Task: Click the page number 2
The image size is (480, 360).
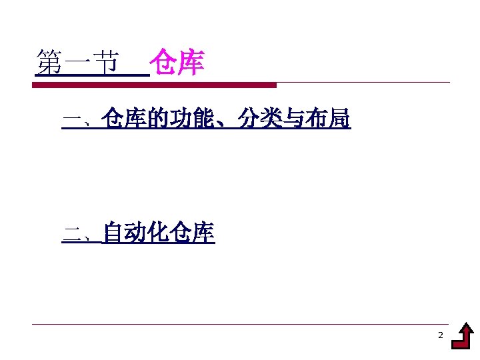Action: point(440,335)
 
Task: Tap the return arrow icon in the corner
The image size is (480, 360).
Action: point(463,337)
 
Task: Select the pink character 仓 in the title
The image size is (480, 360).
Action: point(163,63)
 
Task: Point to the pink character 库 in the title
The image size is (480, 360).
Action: point(191,63)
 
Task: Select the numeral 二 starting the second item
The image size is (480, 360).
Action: point(70,234)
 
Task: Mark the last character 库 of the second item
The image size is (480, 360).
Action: point(203,233)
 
